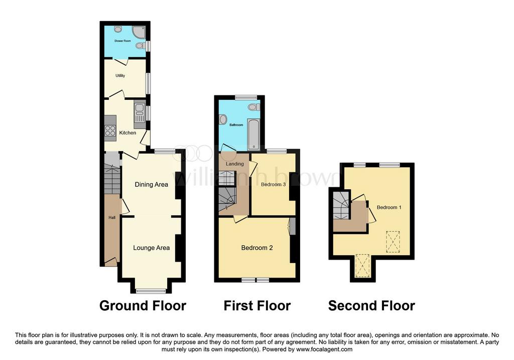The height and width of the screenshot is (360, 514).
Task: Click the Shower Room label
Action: (x=122, y=41)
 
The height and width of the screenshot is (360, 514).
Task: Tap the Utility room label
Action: (x=120, y=76)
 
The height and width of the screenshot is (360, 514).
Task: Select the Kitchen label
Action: (x=127, y=133)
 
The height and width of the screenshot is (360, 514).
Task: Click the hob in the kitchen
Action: (x=110, y=131)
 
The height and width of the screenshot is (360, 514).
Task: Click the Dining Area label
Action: (x=152, y=185)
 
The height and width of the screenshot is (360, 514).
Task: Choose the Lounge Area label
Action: (x=152, y=248)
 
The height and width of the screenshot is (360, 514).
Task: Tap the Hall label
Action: (x=112, y=217)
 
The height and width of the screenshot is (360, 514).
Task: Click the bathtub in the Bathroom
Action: (x=253, y=135)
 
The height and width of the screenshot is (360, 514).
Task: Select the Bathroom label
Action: (x=236, y=125)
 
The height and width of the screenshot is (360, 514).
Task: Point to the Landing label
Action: (x=235, y=164)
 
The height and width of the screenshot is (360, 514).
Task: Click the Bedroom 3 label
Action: (x=274, y=185)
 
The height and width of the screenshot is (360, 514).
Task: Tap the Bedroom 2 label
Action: (x=257, y=248)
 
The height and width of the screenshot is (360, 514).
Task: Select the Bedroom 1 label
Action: (x=389, y=207)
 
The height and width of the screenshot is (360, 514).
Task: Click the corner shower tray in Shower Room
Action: (x=139, y=32)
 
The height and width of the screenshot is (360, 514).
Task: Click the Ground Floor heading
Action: (x=143, y=306)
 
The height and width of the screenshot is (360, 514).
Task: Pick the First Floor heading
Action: (x=258, y=306)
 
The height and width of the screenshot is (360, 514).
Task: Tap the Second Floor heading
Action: (x=372, y=306)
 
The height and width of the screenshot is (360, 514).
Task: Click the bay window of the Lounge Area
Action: (x=151, y=291)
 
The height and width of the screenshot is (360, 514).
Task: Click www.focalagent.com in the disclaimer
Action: (x=324, y=349)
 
